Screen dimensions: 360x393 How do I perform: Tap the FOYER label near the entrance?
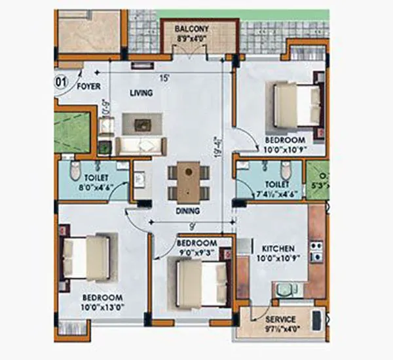coord(89,86)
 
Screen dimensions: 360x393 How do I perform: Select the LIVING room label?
coord(141,93)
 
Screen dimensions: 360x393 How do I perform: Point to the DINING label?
coord(187,211)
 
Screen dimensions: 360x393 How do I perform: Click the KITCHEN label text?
coord(278,249)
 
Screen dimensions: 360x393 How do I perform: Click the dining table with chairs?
coord(189,180)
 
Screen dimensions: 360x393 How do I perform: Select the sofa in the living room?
coord(141,146)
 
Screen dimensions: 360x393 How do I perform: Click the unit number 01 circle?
coord(58,83)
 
